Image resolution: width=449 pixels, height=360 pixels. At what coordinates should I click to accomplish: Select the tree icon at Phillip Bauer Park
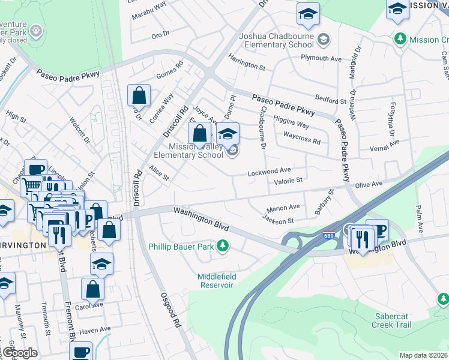click(x=223, y=246)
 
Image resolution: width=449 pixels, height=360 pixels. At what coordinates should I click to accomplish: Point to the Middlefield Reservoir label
click(x=217, y=281)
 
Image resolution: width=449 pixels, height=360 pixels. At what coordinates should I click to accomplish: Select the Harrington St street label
click(x=247, y=61)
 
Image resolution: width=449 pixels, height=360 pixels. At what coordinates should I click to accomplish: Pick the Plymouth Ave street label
click(x=321, y=58)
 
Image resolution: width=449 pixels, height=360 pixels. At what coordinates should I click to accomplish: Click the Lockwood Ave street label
click(x=270, y=172)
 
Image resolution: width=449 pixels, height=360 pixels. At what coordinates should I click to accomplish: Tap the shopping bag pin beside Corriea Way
click(x=139, y=95)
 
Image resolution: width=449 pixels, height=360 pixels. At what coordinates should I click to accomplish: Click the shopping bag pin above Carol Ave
click(x=94, y=289)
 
